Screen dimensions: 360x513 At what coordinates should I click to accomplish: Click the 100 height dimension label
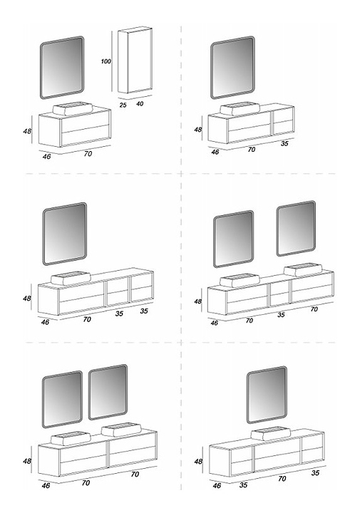pyautogui.click(x=106, y=61)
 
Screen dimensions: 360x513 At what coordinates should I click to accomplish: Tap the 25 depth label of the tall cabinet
pyautogui.click(x=123, y=105)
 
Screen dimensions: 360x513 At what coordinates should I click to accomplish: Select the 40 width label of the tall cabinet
pyautogui.click(x=140, y=104)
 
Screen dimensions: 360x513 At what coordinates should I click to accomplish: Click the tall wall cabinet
pyautogui.click(x=135, y=62)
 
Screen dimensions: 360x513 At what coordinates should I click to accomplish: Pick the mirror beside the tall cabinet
pyautogui.click(x=62, y=68)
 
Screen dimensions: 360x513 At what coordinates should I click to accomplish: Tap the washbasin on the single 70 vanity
pyautogui.click(x=73, y=108)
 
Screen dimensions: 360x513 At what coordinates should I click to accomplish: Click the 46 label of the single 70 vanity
pyautogui.click(x=46, y=156)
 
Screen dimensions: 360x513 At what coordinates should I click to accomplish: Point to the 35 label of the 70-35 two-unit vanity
pyautogui.click(x=284, y=143)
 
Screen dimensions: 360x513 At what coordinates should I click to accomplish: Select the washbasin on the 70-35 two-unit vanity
pyautogui.click(x=240, y=108)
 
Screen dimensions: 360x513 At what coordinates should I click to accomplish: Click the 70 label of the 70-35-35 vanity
pyautogui.click(x=87, y=319)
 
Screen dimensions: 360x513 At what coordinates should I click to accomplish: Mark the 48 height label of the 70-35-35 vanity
pyautogui.click(x=27, y=299)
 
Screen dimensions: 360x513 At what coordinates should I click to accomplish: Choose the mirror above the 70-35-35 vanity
pyautogui.click(x=65, y=234)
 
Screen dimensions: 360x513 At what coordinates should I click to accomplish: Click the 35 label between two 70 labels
pyautogui.click(x=281, y=315)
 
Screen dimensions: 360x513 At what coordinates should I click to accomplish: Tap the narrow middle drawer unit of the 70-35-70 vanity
pyautogui.click(x=279, y=294)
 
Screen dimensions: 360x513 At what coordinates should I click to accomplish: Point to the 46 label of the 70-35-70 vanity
pyautogui.click(x=214, y=323)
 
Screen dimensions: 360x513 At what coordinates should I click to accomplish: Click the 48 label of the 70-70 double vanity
pyautogui.click(x=27, y=461)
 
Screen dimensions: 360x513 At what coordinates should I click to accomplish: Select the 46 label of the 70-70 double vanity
pyautogui.click(x=46, y=485)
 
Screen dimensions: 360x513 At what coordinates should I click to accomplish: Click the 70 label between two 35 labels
pyautogui.click(x=282, y=479)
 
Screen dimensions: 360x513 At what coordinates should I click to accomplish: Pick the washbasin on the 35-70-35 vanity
pyautogui.click(x=271, y=433)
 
